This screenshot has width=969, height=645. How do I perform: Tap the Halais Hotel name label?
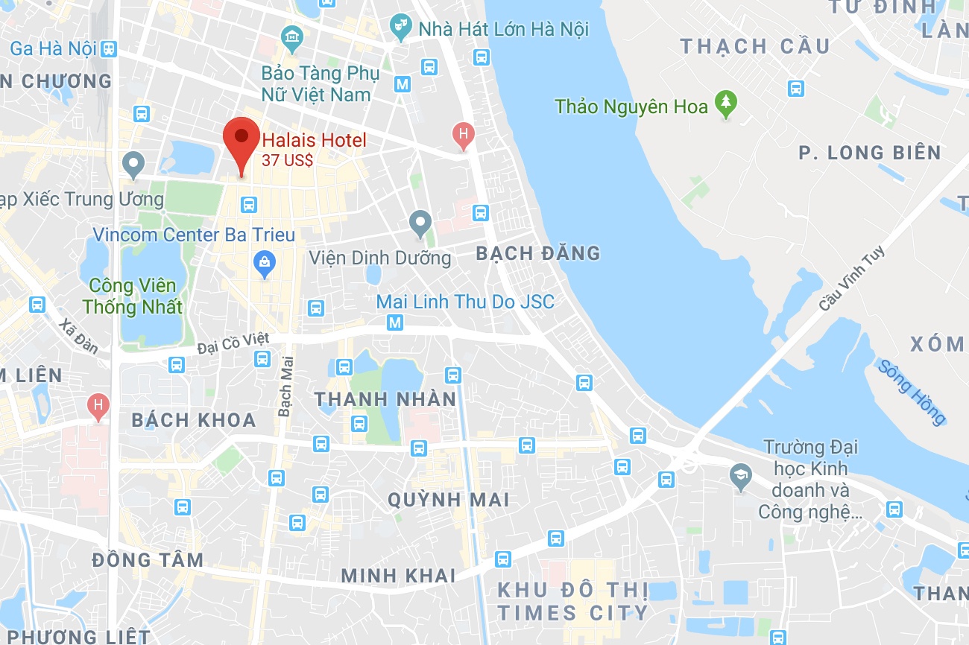click(x=314, y=140)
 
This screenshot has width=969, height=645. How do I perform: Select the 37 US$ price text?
click(x=287, y=159)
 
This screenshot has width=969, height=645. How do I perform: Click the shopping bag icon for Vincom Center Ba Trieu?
click(x=264, y=262)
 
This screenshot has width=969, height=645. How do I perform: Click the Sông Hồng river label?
click(x=912, y=392)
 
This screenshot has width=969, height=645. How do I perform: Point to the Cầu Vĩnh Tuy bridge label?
click(x=852, y=279)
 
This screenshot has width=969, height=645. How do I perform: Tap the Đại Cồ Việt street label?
click(x=233, y=343)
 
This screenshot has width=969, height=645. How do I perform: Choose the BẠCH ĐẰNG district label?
click(x=538, y=254)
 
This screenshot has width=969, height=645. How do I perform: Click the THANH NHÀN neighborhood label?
click(x=385, y=400)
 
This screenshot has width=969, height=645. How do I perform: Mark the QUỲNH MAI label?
click(x=449, y=500)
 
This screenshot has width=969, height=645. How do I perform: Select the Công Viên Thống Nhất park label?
click(x=132, y=296)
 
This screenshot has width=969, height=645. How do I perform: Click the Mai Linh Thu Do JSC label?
click(x=465, y=302)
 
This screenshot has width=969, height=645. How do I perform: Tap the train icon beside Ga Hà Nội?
click(x=110, y=49)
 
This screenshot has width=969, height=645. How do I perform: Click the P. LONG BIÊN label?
click(x=870, y=153)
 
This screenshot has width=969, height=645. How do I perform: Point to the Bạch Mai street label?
click(x=285, y=386)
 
